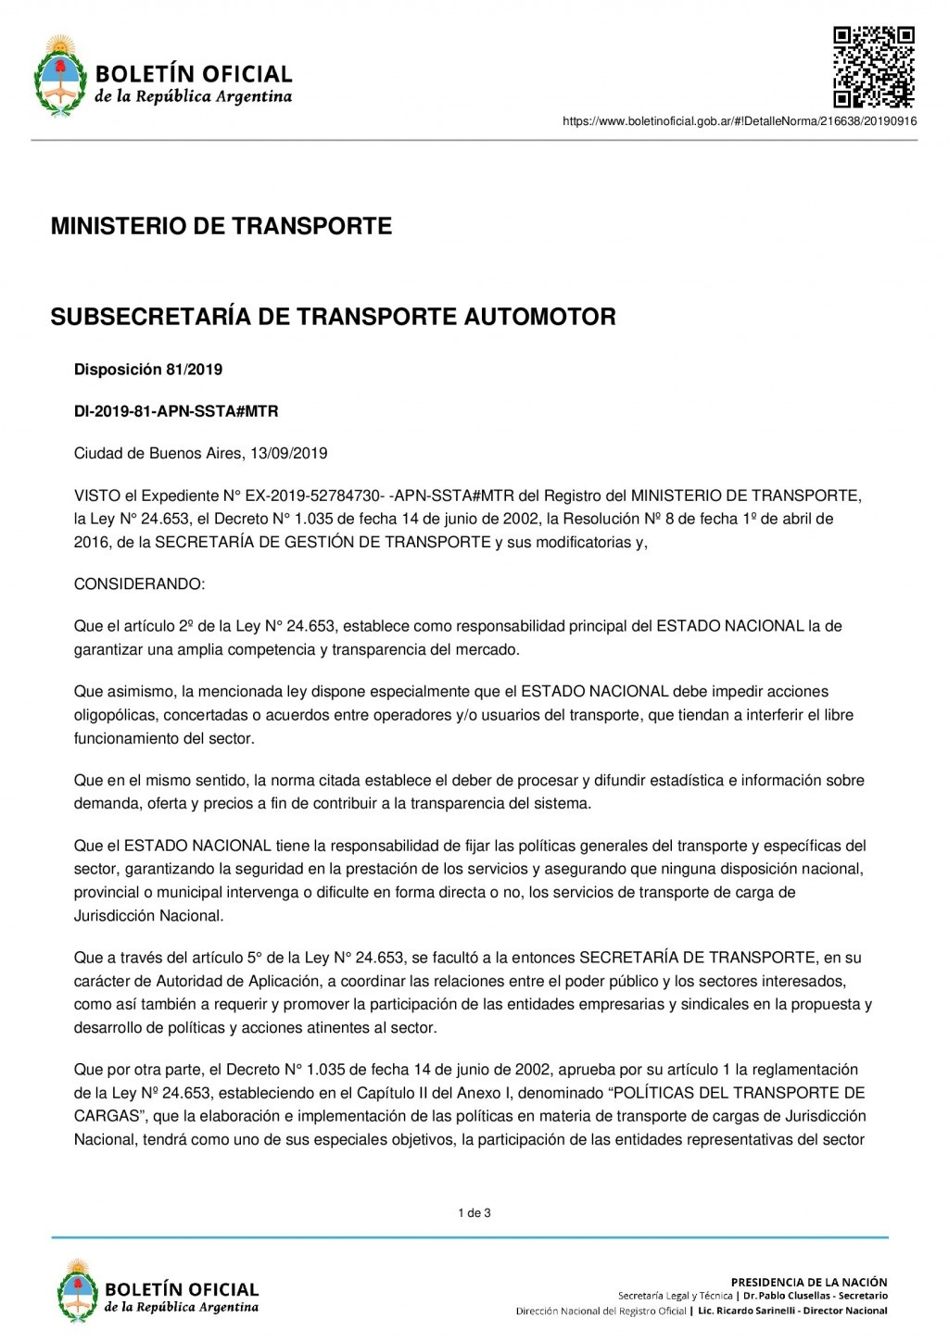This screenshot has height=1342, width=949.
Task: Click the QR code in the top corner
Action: click(x=873, y=69)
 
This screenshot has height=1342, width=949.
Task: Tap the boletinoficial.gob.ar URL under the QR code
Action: click(x=740, y=121)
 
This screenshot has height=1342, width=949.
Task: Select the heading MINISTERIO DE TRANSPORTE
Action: click(x=221, y=226)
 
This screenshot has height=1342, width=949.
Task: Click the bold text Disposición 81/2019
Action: click(x=148, y=370)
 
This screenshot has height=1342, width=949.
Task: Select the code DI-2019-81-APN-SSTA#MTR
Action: click(x=176, y=411)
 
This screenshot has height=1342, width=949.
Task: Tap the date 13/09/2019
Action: click(x=295, y=454)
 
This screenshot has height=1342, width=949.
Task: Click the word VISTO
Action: click(x=97, y=495)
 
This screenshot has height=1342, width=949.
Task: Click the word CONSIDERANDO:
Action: click(x=139, y=584)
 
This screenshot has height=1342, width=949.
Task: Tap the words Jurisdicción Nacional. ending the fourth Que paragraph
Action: click(x=148, y=916)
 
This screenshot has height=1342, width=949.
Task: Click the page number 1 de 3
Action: click(x=474, y=1212)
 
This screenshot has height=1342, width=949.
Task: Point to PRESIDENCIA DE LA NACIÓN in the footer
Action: click(x=808, y=1282)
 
